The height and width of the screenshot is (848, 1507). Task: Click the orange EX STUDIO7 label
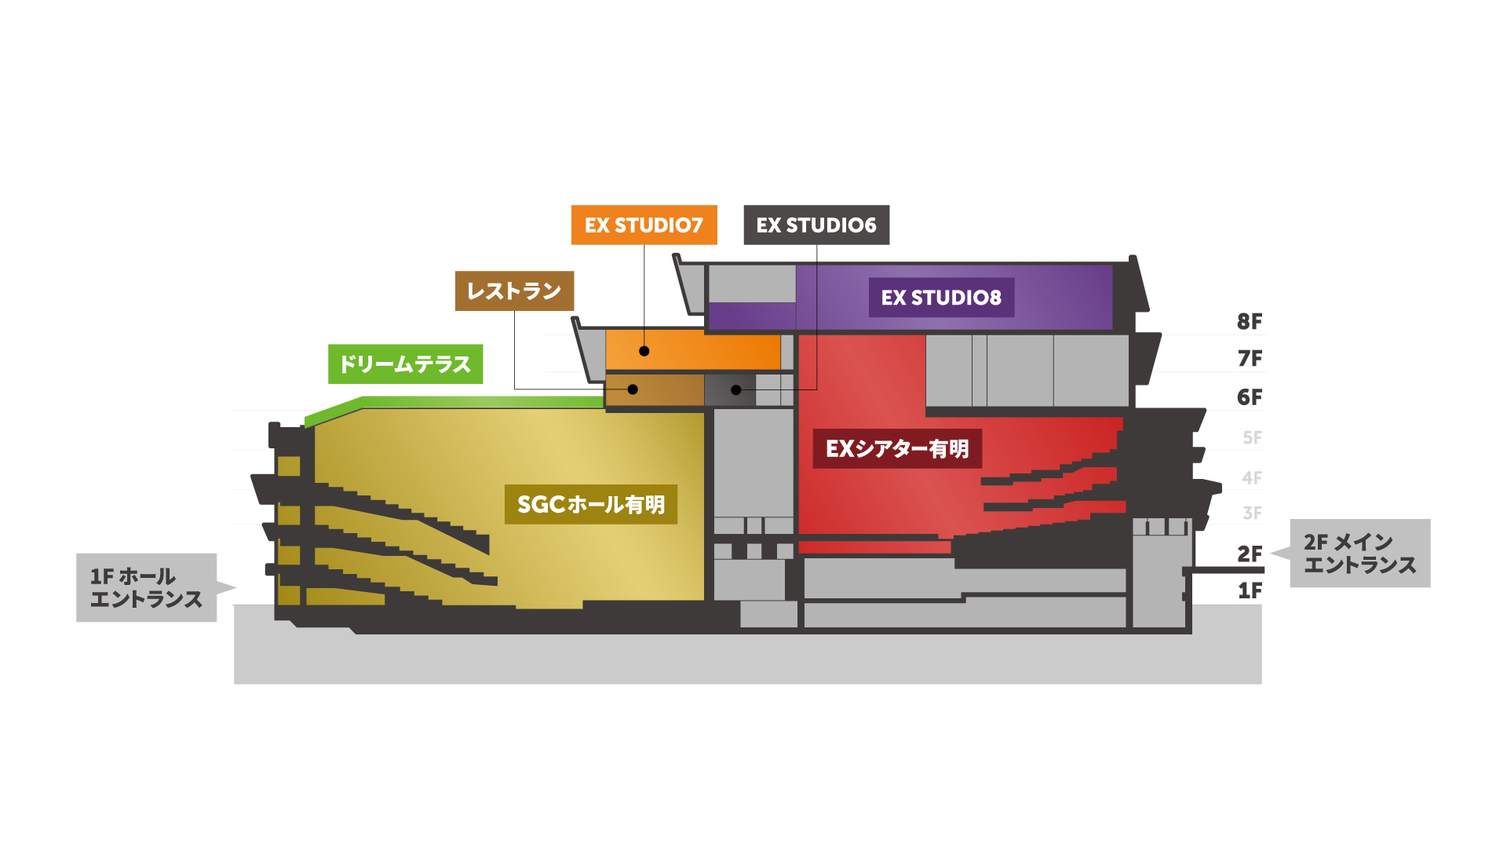pos(644,225)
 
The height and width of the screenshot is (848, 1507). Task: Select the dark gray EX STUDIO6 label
pos(816,225)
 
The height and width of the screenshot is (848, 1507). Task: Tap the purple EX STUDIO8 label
pos(941,298)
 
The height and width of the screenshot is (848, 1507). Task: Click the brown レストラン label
pos(514,291)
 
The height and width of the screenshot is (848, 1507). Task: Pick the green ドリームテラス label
pos(405,364)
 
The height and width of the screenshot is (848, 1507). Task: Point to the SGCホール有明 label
pos(591,504)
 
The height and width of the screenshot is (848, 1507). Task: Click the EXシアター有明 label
pos(897,448)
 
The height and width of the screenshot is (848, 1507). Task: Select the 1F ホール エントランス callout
pos(147,587)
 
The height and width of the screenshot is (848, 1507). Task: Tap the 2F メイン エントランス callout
pos(1359,554)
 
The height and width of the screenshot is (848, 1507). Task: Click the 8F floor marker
pos(1250,321)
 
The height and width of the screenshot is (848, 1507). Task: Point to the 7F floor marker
pos(1250,359)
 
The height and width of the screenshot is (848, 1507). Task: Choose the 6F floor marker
pos(1250,397)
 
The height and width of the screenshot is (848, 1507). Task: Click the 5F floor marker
pos(1252,437)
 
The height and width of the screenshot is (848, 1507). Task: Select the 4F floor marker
pos(1252,477)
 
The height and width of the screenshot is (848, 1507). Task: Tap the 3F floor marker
pos(1252,514)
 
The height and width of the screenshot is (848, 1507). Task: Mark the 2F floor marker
pos(1250,554)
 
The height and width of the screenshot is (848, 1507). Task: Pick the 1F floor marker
pos(1250,590)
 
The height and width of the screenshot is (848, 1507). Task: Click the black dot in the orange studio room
pos(644,351)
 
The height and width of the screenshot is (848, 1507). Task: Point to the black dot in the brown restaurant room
pos(633,389)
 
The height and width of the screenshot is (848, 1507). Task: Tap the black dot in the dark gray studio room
pos(735,389)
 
